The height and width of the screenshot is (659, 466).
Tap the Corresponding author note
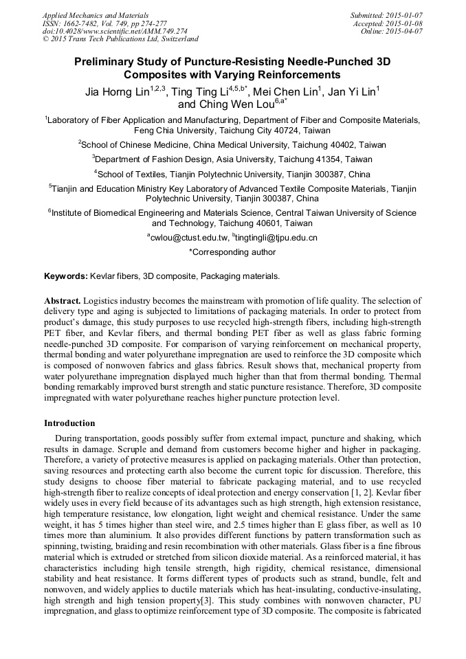coord(232,252)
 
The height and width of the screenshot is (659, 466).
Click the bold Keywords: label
coord(66,276)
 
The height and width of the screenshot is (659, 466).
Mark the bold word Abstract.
coord(63,301)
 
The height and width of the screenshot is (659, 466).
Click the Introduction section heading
coord(69,423)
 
